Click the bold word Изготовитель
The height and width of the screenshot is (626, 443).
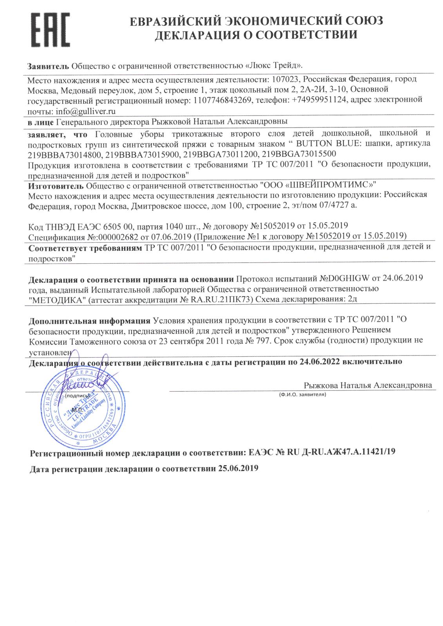coord(56,185)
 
